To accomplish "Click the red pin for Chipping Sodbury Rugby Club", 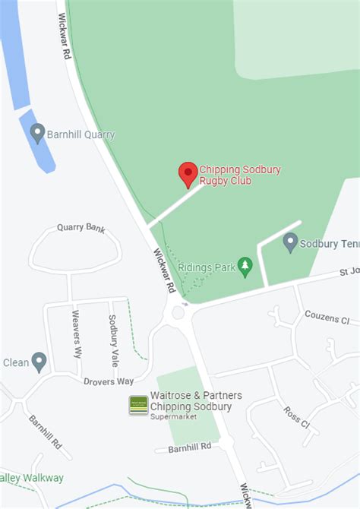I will click(188, 173).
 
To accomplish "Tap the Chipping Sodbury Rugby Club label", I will click(240, 175).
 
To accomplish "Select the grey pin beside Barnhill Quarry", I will click(37, 134).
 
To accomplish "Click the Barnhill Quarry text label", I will click(81, 135).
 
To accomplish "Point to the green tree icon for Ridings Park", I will click(245, 266).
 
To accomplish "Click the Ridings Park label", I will click(205, 267).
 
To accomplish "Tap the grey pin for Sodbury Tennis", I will click(290, 243).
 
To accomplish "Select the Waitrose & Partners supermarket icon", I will click(138, 405).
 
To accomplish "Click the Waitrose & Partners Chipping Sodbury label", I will click(196, 400).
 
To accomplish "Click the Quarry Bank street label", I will click(81, 228).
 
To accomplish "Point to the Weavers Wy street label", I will click(76, 334).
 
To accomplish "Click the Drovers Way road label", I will click(108, 381).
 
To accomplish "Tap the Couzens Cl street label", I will click(327, 317).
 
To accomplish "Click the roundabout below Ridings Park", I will click(178, 312).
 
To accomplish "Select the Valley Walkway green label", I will click(32, 478).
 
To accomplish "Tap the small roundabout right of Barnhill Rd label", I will click(226, 443).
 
